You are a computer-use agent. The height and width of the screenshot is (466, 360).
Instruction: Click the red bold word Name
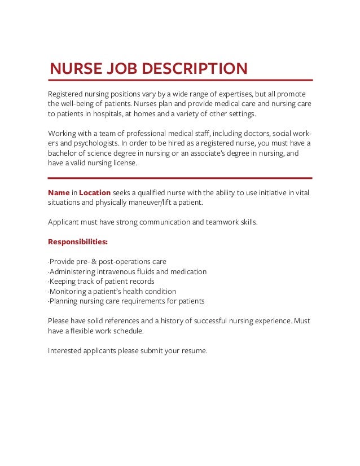point(59,192)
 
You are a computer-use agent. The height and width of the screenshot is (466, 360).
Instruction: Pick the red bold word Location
point(95,192)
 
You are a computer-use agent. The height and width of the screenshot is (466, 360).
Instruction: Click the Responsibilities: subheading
point(78,242)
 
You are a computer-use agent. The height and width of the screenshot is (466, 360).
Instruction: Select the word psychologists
point(93,144)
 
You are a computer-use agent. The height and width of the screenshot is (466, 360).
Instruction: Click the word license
point(122,164)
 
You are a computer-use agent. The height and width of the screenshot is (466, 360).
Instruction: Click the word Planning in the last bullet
point(65,301)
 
